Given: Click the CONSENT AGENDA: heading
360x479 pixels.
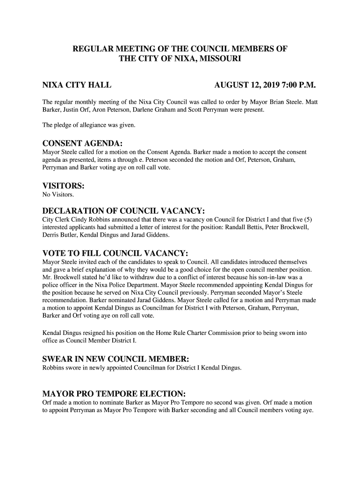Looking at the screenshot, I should (83, 143).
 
